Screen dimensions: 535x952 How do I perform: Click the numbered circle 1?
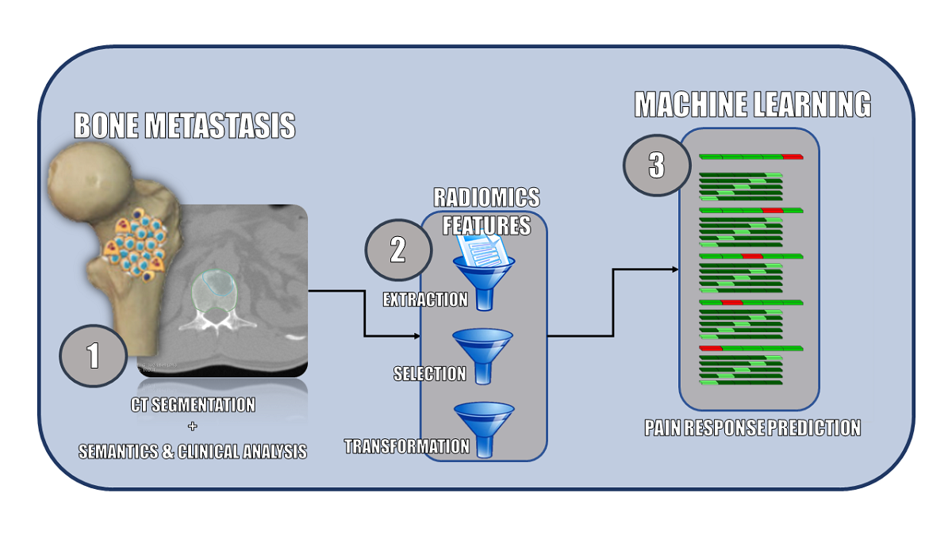click(x=93, y=354)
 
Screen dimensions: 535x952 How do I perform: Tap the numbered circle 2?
click(x=397, y=250)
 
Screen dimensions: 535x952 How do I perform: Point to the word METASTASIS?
click(x=224, y=126)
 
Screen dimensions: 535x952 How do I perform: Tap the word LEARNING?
click(x=818, y=105)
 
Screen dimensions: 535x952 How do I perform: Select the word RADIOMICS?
click(x=486, y=197)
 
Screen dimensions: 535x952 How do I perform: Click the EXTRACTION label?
click(x=425, y=300)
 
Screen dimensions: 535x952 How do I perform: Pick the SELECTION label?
click(x=429, y=373)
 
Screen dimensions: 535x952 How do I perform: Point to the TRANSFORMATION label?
click(x=407, y=446)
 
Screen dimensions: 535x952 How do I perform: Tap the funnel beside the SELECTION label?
click(x=483, y=355)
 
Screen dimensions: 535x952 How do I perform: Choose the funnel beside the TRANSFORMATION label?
click(x=483, y=429)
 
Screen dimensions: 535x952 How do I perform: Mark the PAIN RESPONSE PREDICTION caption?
click(x=752, y=428)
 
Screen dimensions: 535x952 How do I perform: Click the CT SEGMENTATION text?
click(x=193, y=405)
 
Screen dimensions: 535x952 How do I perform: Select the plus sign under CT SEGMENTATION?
click(x=193, y=428)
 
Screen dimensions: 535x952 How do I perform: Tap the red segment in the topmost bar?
click(x=793, y=157)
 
